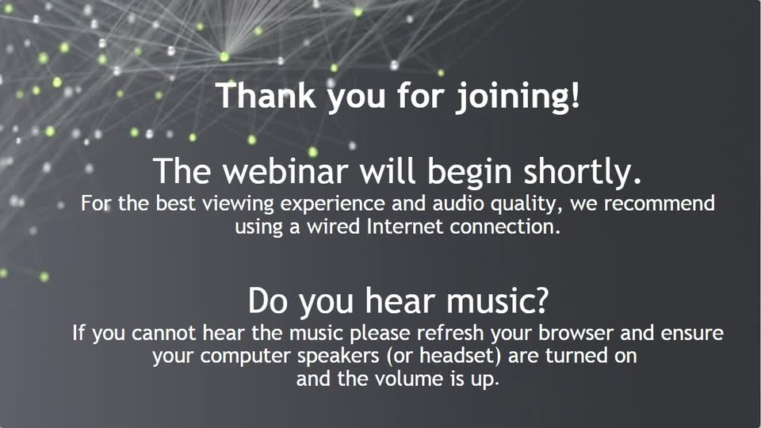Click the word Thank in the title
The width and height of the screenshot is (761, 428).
266,95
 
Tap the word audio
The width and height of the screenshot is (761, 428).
457,203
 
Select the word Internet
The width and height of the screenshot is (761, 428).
405,227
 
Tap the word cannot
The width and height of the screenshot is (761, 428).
163,334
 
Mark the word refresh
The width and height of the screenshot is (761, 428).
450,333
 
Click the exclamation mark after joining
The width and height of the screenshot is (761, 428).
576,95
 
